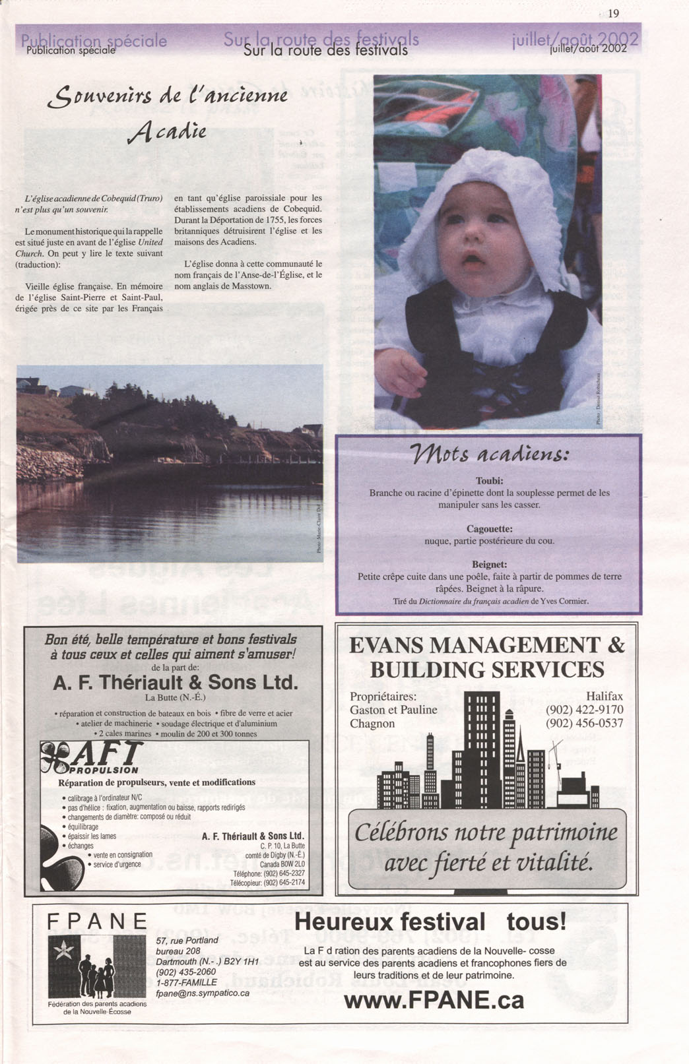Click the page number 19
click(614, 13)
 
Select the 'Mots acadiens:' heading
click(488, 455)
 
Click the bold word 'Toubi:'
click(489, 480)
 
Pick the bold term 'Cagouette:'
click(489, 528)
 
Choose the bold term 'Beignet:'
click(489, 564)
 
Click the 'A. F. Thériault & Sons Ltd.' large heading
click(175, 682)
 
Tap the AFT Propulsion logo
click(92, 757)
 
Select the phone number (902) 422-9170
click(584, 710)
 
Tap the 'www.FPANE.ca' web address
click(434, 1000)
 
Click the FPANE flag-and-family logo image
click(98, 966)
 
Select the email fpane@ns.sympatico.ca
click(203, 993)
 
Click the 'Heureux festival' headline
click(389, 922)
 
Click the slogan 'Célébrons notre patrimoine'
click(486, 832)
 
